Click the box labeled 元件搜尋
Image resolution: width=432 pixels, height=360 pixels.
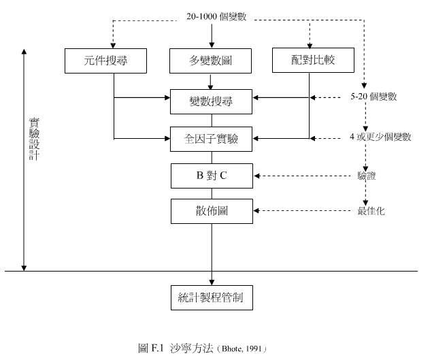pos(106,61)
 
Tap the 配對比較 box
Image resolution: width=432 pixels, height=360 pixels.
pos(313,61)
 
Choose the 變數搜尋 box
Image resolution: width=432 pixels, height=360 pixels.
pos(211,101)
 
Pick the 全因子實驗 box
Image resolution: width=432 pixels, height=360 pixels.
pos(211,138)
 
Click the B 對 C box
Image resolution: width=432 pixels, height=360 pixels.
pos(211,176)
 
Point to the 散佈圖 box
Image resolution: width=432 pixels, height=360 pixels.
pos(211,211)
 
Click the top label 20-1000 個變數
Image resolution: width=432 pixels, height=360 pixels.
pos(216,17)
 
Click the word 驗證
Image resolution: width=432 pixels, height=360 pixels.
pos(367,176)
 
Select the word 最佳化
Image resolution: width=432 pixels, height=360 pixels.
pos(371,211)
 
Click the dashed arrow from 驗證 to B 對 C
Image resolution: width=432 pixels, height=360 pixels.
pos(303,176)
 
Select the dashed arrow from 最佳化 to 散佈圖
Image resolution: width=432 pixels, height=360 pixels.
pos(303,210)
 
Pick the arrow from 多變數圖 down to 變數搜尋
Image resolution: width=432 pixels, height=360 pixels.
pos(211,82)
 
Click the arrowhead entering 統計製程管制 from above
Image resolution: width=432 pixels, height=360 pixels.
pos(212,282)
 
